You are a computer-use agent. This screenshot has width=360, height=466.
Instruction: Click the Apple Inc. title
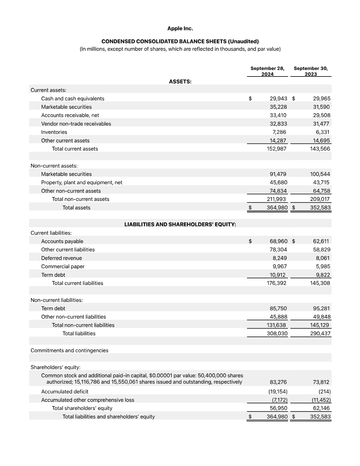coord(180,29)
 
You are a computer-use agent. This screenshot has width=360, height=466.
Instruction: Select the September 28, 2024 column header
coord(267,71)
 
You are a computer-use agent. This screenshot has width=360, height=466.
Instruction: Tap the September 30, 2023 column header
coord(311,71)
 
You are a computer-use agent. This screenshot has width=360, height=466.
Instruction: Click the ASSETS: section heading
coord(180,82)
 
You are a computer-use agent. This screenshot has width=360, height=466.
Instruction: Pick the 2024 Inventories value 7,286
coord(279,132)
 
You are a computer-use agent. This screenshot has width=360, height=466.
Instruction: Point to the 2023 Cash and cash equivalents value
coord(321,99)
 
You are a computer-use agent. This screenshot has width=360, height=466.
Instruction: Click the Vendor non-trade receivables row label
coord(76,124)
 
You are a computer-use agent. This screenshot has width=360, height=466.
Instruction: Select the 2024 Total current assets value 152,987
coord(276,149)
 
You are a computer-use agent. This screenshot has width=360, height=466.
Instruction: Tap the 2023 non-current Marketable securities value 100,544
coord(320,174)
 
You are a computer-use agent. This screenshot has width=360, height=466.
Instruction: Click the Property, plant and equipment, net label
coord(82,182)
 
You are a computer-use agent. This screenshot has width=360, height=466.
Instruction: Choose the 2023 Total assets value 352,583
coord(320,208)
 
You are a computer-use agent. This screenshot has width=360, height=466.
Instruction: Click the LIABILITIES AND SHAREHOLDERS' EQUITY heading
coord(180,224)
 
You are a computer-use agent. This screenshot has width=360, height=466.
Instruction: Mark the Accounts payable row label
coord(62,241)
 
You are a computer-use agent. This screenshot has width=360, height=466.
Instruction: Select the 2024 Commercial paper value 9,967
coord(280,267)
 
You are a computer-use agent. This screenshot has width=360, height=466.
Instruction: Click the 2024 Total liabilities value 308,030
coord(277,334)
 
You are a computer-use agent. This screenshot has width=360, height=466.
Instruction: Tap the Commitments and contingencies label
coord(69,350)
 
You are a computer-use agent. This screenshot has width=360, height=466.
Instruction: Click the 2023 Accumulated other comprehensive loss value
coord(321,400)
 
